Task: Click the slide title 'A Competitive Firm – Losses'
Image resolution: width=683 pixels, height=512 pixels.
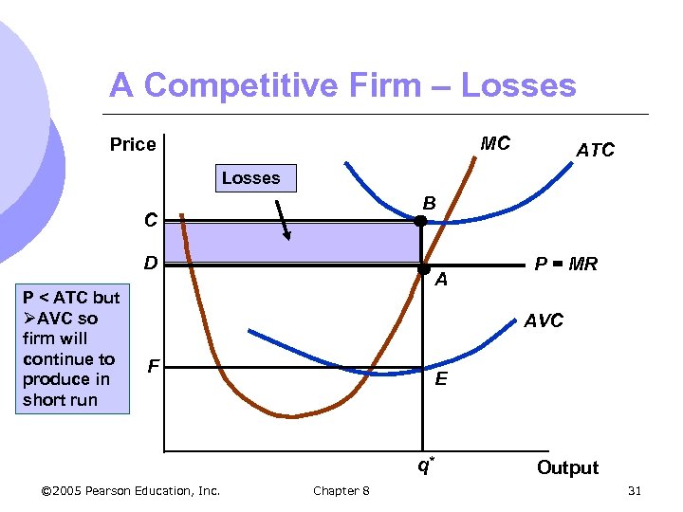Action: click(x=342, y=86)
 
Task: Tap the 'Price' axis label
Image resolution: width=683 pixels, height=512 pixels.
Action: click(x=133, y=145)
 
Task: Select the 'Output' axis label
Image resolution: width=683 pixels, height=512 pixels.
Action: click(x=567, y=467)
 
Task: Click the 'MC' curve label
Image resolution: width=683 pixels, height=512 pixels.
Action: click(x=495, y=144)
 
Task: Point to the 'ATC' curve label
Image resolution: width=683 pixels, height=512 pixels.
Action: click(x=595, y=150)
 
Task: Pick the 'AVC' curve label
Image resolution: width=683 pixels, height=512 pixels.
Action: click(x=544, y=320)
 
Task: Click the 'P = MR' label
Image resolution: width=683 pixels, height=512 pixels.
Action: click(x=565, y=265)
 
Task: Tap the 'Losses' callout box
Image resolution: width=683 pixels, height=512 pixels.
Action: click(x=250, y=178)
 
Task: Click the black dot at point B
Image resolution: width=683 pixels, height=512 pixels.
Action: click(x=421, y=221)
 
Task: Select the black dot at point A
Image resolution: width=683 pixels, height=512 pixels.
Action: click(x=423, y=267)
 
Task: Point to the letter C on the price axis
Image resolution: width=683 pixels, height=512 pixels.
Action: click(x=151, y=220)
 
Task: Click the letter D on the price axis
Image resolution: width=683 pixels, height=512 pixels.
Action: click(x=151, y=262)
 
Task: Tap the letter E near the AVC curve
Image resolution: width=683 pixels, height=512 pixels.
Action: click(x=441, y=379)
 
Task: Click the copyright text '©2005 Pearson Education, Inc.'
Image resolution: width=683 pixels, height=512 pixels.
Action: click(x=131, y=490)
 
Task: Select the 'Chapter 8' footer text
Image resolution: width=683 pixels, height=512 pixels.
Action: click(x=341, y=490)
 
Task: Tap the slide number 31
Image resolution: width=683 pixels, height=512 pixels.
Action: click(x=635, y=490)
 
